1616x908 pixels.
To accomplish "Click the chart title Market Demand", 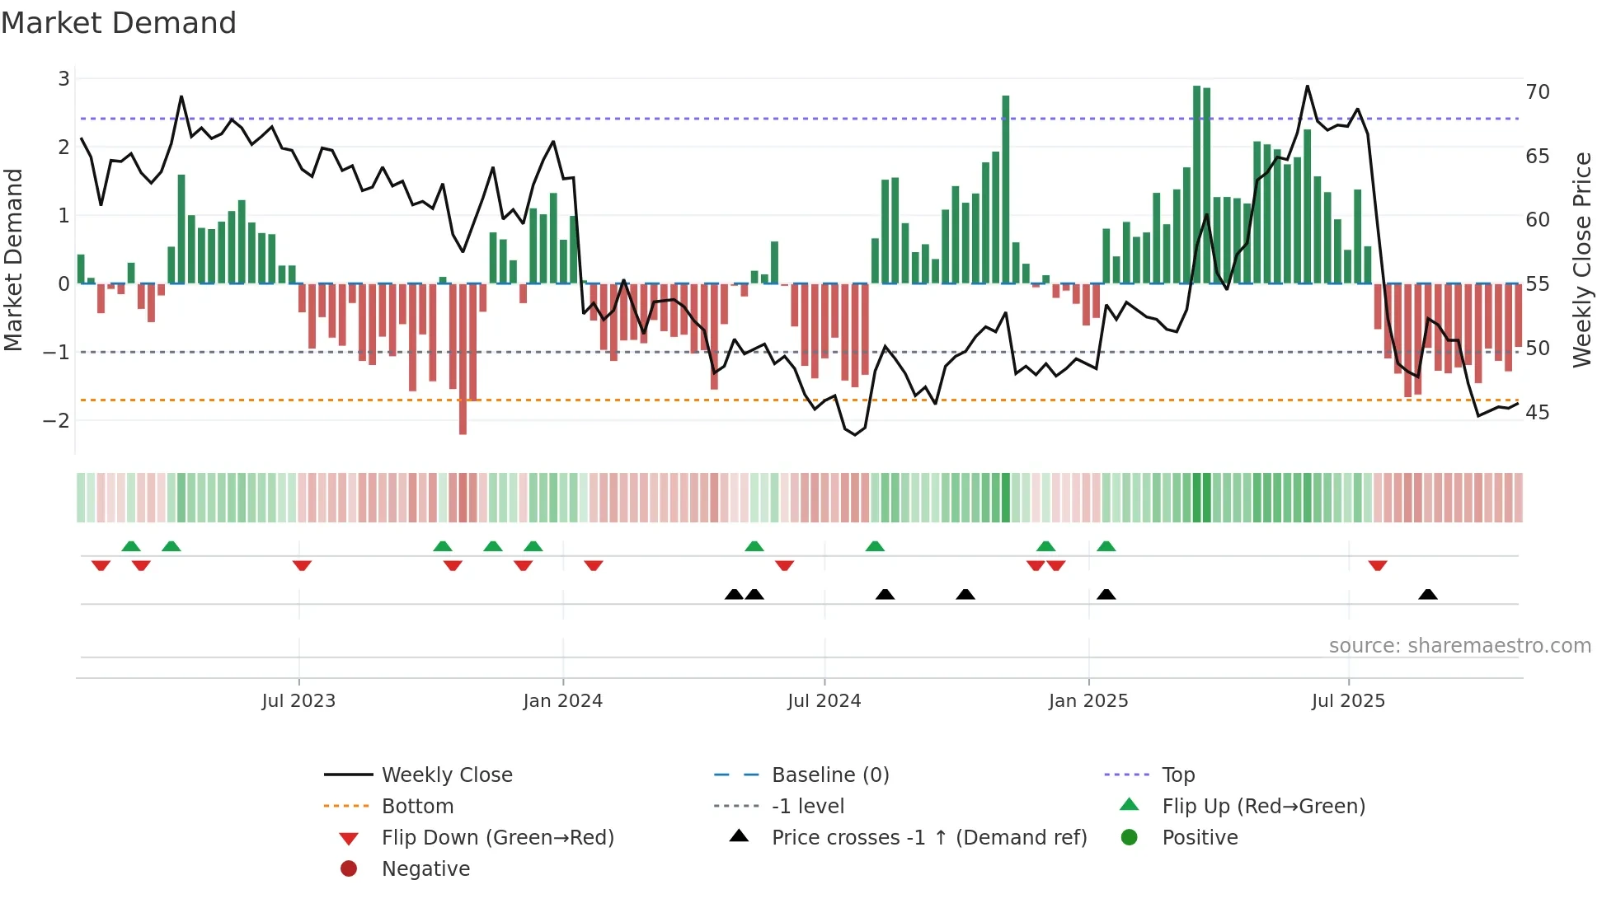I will coord(119,23).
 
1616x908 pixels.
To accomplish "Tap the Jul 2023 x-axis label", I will coord(298,701).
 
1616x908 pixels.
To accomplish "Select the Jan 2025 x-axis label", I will coord(1088,701).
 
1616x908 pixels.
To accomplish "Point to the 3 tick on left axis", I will coord(63,79).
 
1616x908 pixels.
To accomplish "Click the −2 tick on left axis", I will coord(57,421).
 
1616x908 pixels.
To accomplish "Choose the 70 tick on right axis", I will coord(1538,92).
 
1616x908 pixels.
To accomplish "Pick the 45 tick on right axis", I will coord(1538,413).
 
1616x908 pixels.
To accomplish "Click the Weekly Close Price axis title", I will coord(1581,260).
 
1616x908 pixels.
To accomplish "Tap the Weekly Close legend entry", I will coord(447,775).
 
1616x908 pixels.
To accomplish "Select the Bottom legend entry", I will coord(417,807).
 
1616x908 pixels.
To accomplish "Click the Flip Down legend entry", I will coord(497,838).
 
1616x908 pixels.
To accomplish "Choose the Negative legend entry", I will coord(425,869).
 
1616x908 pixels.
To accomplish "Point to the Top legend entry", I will coord(1178,775).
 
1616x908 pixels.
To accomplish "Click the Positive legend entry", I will coord(1200,838).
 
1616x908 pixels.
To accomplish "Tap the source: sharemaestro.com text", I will coord(1459,646).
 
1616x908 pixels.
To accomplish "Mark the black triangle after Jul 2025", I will coord(1428,595).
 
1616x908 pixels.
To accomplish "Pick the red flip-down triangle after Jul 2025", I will coord(1378,566).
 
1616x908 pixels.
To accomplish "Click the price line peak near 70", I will coord(1307,87).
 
